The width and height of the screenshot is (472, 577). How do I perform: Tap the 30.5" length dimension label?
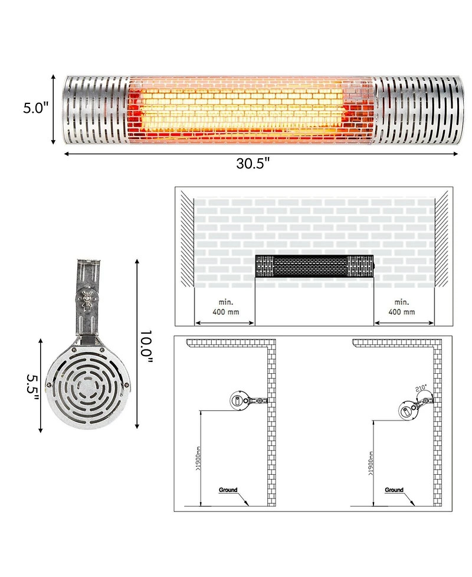(253, 164)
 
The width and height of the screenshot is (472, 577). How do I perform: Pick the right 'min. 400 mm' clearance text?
(402, 307)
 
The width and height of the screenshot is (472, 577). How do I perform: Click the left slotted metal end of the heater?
(96, 110)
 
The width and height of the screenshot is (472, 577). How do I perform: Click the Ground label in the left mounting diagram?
(228, 490)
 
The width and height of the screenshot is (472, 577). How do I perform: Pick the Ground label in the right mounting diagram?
(394, 490)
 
